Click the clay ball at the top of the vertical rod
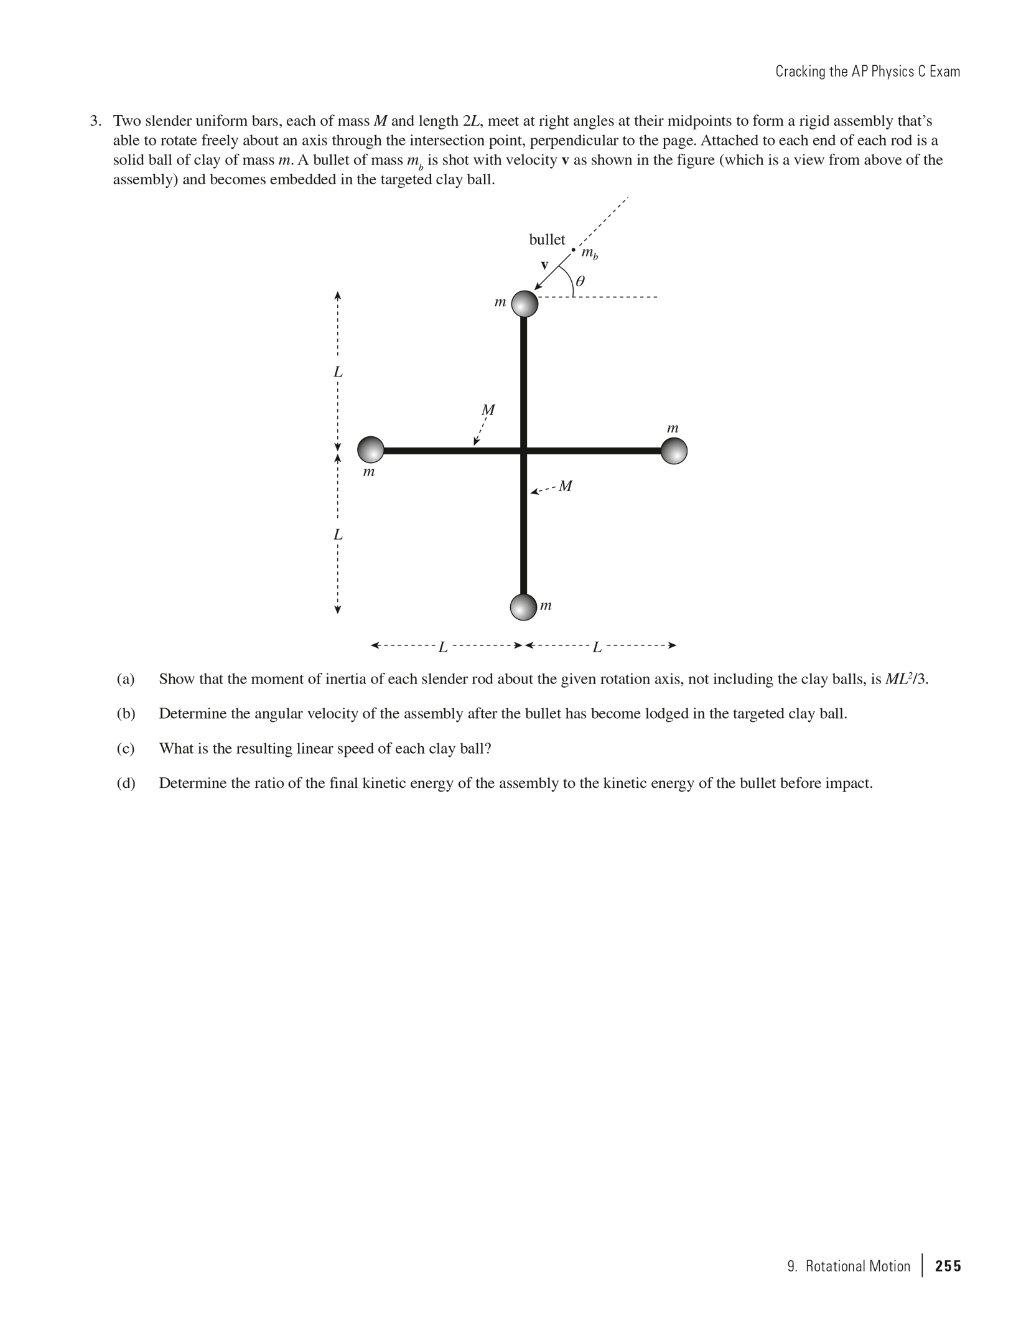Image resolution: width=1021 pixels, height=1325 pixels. tap(524, 304)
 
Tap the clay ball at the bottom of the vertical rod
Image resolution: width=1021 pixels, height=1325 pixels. tap(523, 607)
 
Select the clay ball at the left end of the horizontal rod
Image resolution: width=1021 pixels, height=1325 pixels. tap(371, 450)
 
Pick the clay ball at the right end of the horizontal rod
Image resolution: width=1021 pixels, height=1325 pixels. tap(674, 451)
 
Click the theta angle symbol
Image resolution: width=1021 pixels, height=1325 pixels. tap(579, 281)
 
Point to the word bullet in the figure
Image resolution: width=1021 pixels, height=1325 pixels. tap(547, 240)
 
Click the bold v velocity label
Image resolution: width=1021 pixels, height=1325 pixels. tap(544, 265)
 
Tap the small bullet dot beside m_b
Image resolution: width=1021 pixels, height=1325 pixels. tap(573, 250)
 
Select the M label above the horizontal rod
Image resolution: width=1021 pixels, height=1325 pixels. tap(488, 410)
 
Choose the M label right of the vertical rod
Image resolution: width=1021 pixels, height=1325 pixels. tap(565, 486)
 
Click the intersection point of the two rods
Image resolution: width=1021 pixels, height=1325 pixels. tap(524, 450)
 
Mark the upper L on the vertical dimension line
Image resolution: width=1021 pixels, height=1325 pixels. tap(338, 372)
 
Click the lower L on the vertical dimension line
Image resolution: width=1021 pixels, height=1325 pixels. tap(338, 535)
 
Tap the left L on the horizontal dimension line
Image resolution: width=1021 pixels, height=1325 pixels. tap(443, 647)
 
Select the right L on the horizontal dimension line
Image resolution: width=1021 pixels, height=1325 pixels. tap(597, 647)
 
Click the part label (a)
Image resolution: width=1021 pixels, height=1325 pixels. tap(126, 679)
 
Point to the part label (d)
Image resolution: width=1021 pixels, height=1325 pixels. tap(126, 783)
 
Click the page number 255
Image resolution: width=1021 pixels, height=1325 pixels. tap(948, 1266)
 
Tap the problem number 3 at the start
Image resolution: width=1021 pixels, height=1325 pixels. tap(95, 121)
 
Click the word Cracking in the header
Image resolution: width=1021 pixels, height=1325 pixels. tap(799, 72)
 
